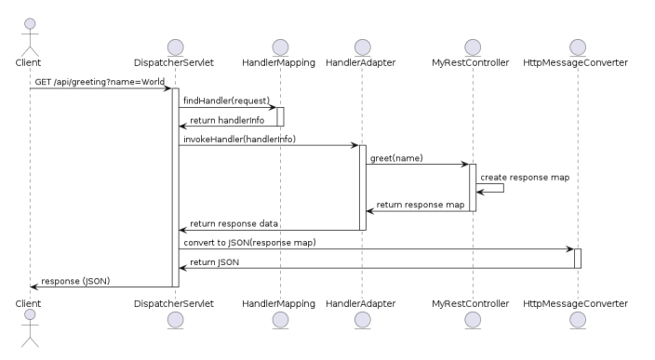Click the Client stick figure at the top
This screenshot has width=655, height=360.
coord(29,31)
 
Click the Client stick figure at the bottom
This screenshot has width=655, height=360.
coord(29,333)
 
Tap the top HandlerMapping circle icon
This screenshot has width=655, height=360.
coord(279,47)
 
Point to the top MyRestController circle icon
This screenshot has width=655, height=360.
coord(472,47)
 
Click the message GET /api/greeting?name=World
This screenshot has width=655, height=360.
coord(100,82)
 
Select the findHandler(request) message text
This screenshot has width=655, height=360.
coord(226,100)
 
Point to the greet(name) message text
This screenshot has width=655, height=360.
coord(396,158)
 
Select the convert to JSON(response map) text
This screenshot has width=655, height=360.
coord(249,243)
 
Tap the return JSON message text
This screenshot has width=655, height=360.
coord(215,262)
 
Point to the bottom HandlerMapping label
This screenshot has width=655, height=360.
coord(279,303)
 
